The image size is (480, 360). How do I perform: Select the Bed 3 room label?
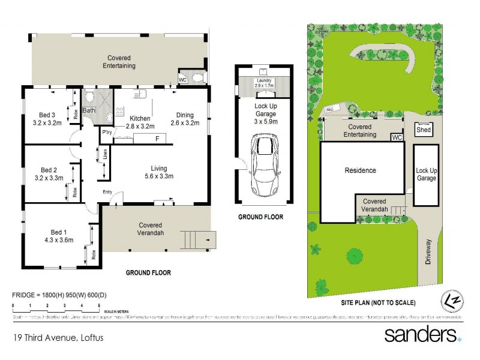click(x=48, y=119)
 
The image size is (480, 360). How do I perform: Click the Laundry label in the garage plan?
click(x=264, y=83)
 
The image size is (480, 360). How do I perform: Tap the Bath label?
click(x=89, y=111)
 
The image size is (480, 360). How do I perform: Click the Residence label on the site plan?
click(x=360, y=170)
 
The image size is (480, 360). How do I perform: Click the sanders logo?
click(x=422, y=334)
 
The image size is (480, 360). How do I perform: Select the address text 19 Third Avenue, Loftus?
click(x=58, y=338)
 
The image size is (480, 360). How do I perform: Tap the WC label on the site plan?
click(x=396, y=137)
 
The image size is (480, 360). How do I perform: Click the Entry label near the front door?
click(x=107, y=192)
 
